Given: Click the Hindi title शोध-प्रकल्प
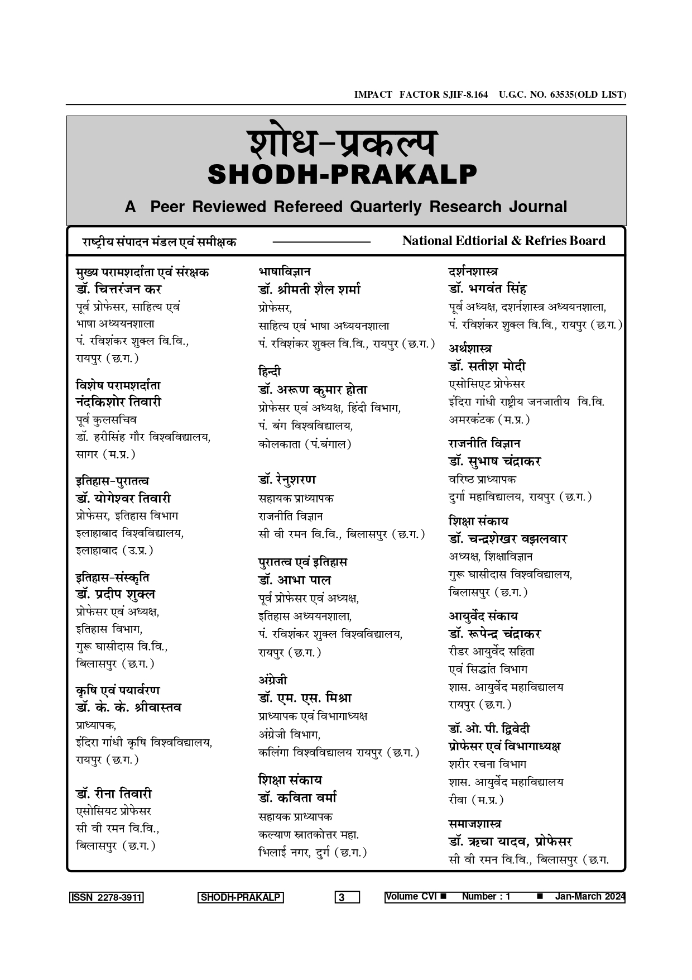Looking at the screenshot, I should click(x=342, y=144).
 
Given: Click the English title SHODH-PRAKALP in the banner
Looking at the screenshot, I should click(x=342, y=175).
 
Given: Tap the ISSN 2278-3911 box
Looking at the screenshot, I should click(x=106, y=897).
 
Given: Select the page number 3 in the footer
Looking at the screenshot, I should click(x=347, y=897).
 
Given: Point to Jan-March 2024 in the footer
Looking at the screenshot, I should click(x=589, y=896).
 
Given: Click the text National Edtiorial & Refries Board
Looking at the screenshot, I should click(x=503, y=241).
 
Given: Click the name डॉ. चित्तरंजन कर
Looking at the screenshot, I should click(x=118, y=290).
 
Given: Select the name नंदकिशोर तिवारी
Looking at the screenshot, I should click(x=118, y=402).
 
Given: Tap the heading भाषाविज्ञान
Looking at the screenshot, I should click(x=285, y=272).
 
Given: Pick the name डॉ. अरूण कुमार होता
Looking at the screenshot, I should click(x=313, y=390).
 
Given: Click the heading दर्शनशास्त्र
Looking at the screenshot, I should click(x=473, y=272).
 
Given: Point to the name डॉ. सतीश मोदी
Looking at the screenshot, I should click(x=487, y=367).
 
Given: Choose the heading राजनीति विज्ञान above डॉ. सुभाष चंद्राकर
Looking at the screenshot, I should click(x=484, y=444).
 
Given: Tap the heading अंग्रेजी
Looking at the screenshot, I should click(x=273, y=680).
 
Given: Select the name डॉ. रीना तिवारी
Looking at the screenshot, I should click(x=114, y=793).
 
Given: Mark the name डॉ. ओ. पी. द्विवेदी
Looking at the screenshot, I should click(x=489, y=729).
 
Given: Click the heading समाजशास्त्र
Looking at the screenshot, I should click(x=475, y=824).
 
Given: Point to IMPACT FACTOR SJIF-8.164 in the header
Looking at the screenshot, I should click(x=421, y=94).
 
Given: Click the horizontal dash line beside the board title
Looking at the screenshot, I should click(x=321, y=242).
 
